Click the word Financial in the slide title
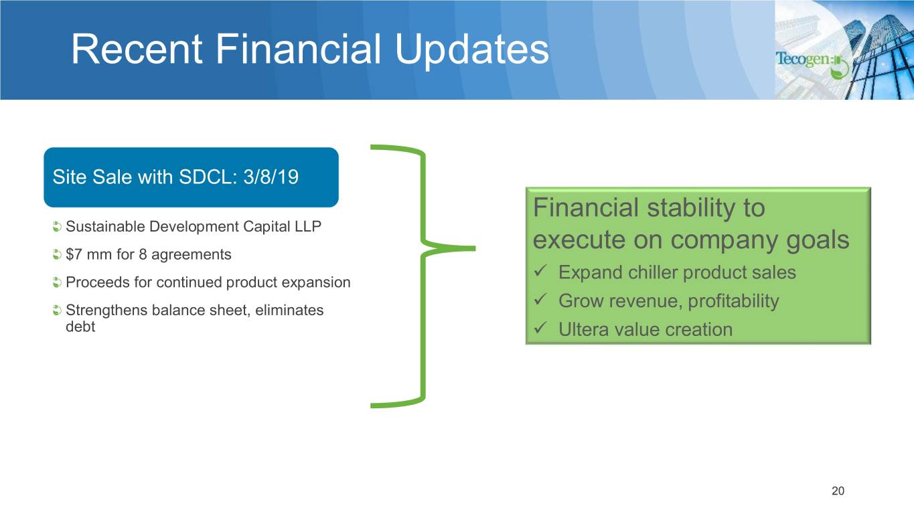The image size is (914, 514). pos(298,49)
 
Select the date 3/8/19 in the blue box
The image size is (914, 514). pos(271,177)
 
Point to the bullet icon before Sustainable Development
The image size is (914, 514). pos(57,226)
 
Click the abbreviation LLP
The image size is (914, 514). pos(307,226)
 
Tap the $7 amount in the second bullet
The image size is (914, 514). pos(74,254)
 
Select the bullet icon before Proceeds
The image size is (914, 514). pos(57,282)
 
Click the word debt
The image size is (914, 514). pos(80,327)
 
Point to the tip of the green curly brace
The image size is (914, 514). pos(475,248)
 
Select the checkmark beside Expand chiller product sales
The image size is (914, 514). pos(540,270)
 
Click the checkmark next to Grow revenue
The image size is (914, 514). pos(540,299)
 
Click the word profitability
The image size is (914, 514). pos(733,301)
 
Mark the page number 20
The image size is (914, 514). pos(838,491)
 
